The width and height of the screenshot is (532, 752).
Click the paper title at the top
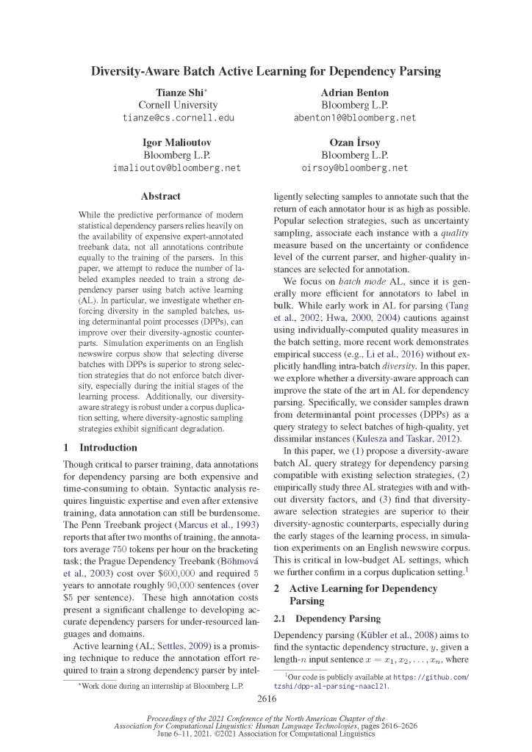point(265,72)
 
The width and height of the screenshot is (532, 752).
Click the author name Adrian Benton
point(355,93)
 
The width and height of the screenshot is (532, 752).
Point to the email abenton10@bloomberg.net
point(355,117)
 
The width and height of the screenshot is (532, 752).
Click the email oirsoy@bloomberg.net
point(355,167)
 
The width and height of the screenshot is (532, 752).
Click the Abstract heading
point(160,197)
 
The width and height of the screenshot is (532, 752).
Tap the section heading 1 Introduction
point(100,447)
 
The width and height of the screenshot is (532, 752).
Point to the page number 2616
point(266,698)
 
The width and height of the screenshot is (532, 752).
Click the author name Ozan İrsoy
point(355,143)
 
